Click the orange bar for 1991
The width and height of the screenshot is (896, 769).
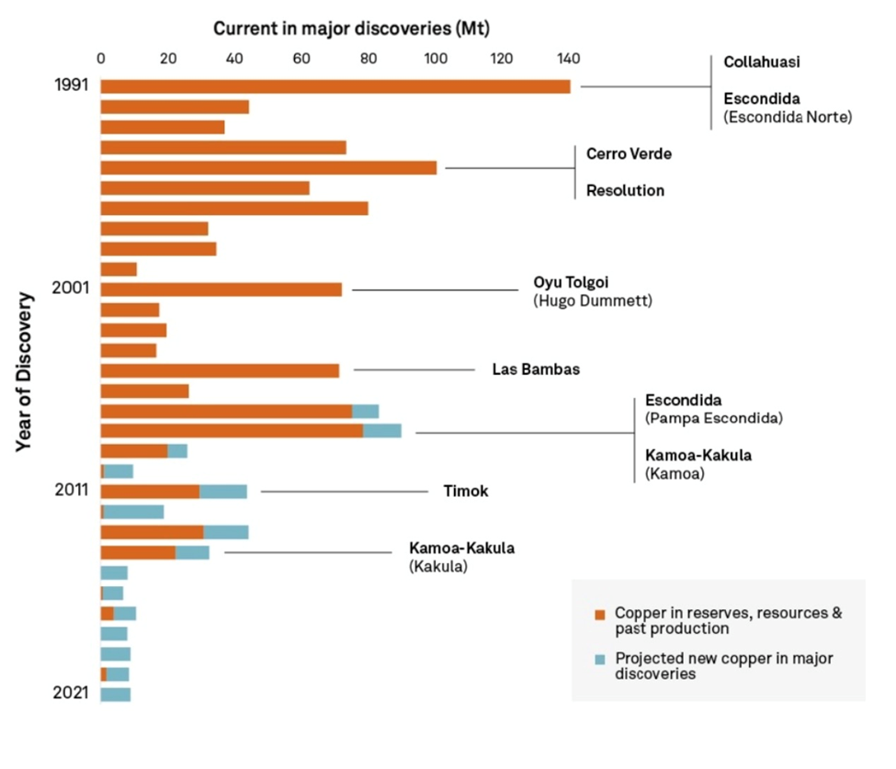tap(335, 86)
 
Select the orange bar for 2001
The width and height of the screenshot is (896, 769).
tap(221, 289)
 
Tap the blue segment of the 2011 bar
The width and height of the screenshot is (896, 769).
tap(223, 492)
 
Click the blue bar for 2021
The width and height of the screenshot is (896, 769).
tap(116, 694)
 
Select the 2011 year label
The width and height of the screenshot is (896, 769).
tap(70, 490)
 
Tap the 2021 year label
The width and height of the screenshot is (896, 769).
tap(70, 693)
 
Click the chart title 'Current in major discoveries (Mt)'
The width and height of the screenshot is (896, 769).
tap(351, 28)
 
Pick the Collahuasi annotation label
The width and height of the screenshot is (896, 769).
tap(762, 62)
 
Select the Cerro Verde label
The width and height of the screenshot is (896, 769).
tap(629, 153)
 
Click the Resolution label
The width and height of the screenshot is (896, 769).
tap(625, 191)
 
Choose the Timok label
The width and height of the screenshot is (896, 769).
tap(465, 492)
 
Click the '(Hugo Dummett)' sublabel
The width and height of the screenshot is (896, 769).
tap(593, 300)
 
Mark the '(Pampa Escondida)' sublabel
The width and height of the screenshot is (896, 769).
tap(713, 418)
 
